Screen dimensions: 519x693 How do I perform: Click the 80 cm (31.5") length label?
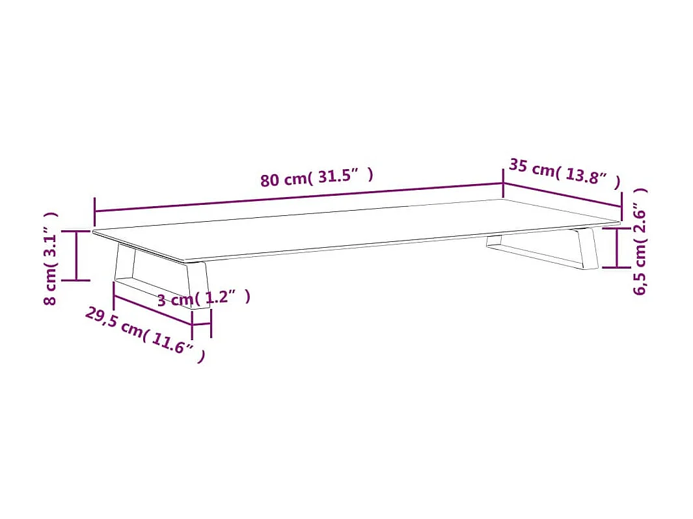317,178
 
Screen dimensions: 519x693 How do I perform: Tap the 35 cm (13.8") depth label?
564,173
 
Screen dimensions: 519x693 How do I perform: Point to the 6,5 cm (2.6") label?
640,241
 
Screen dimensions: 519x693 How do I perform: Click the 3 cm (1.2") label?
203,299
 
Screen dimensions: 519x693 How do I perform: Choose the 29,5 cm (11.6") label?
145,334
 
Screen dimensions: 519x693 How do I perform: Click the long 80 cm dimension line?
299,198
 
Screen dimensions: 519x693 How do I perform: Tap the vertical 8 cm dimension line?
77,256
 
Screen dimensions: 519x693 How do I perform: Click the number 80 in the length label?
271,180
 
